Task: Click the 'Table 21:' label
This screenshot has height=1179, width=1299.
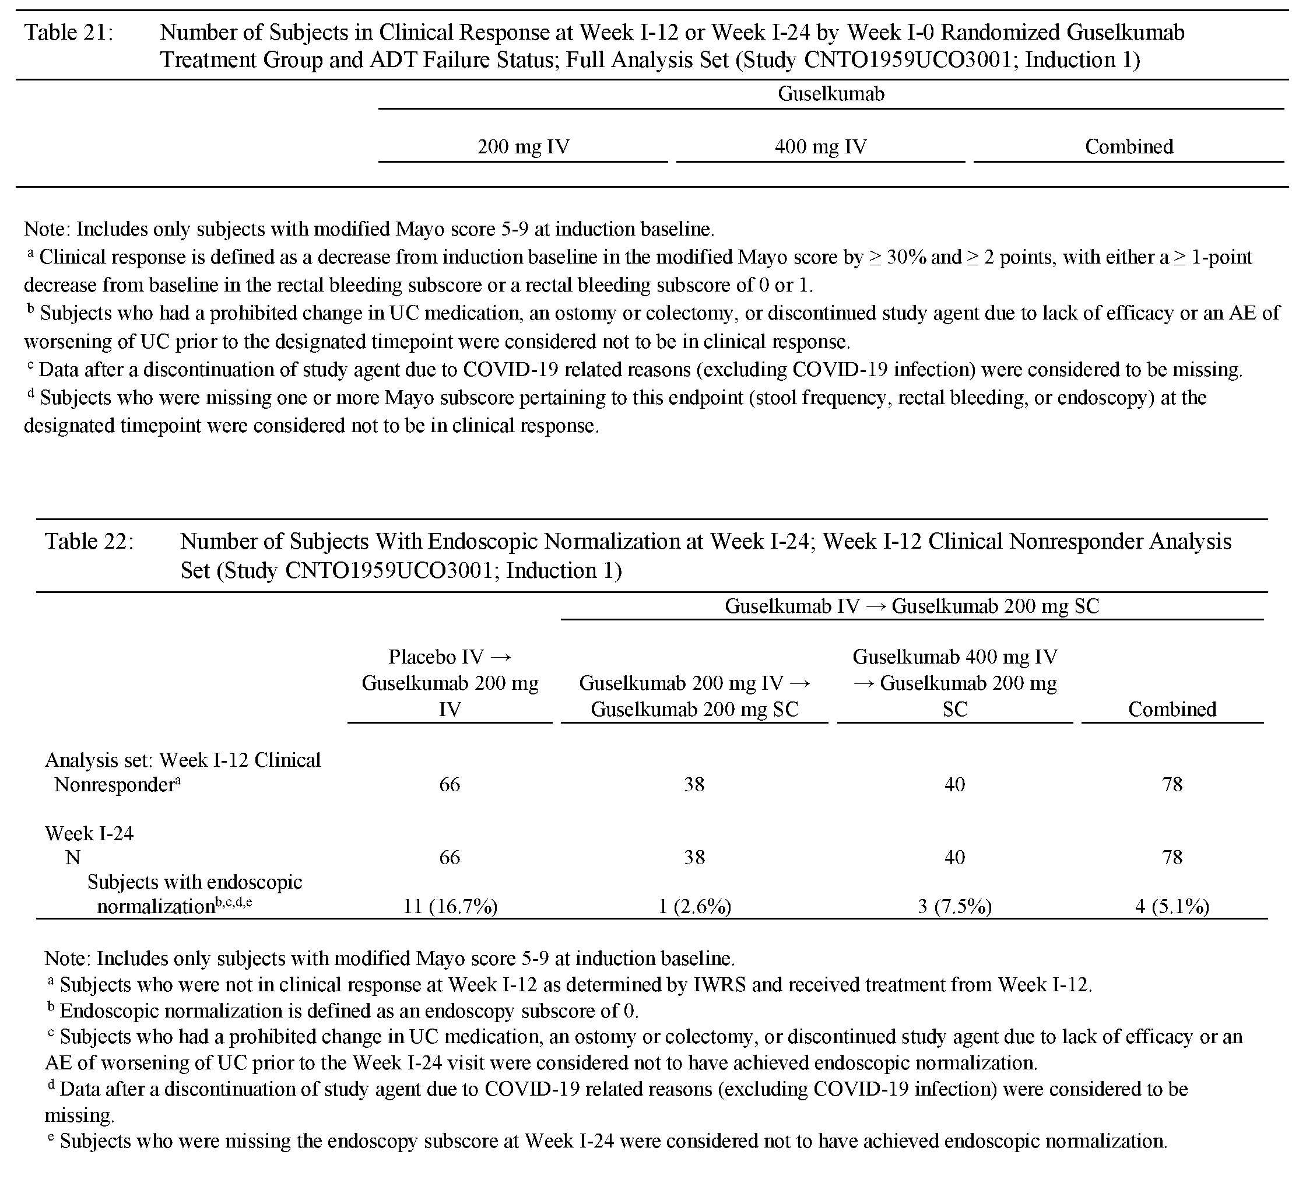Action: coord(68,32)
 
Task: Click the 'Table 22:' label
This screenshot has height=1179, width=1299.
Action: coord(89,541)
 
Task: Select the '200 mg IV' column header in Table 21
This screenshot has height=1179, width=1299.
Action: coord(523,147)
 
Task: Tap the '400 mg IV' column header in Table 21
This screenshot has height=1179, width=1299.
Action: coord(820,147)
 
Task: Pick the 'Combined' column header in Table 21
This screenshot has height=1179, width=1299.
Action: coord(1129,147)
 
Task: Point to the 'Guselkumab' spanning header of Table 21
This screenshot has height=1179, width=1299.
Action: coord(831,94)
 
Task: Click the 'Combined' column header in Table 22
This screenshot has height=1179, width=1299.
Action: coord(1172,710)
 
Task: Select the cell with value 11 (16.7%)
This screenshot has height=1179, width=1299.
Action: coord(450,907)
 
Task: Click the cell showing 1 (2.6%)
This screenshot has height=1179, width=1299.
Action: coord(694,907)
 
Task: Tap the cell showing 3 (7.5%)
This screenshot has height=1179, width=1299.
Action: coord(955,907)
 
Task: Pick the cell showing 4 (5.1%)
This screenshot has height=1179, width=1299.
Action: coord(1172,907)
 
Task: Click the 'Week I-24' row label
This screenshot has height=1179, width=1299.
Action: coord(89,834)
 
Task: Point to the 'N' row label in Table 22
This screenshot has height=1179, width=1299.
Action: coord(72,858)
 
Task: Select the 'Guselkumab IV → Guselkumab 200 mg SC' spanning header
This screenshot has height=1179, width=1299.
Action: coord(912,606)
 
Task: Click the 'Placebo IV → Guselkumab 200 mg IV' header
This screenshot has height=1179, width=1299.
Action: coord(450,683)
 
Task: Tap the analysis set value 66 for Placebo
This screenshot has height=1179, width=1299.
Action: coord(450,784)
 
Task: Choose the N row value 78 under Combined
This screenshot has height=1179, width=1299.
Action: coord(1172,858)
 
